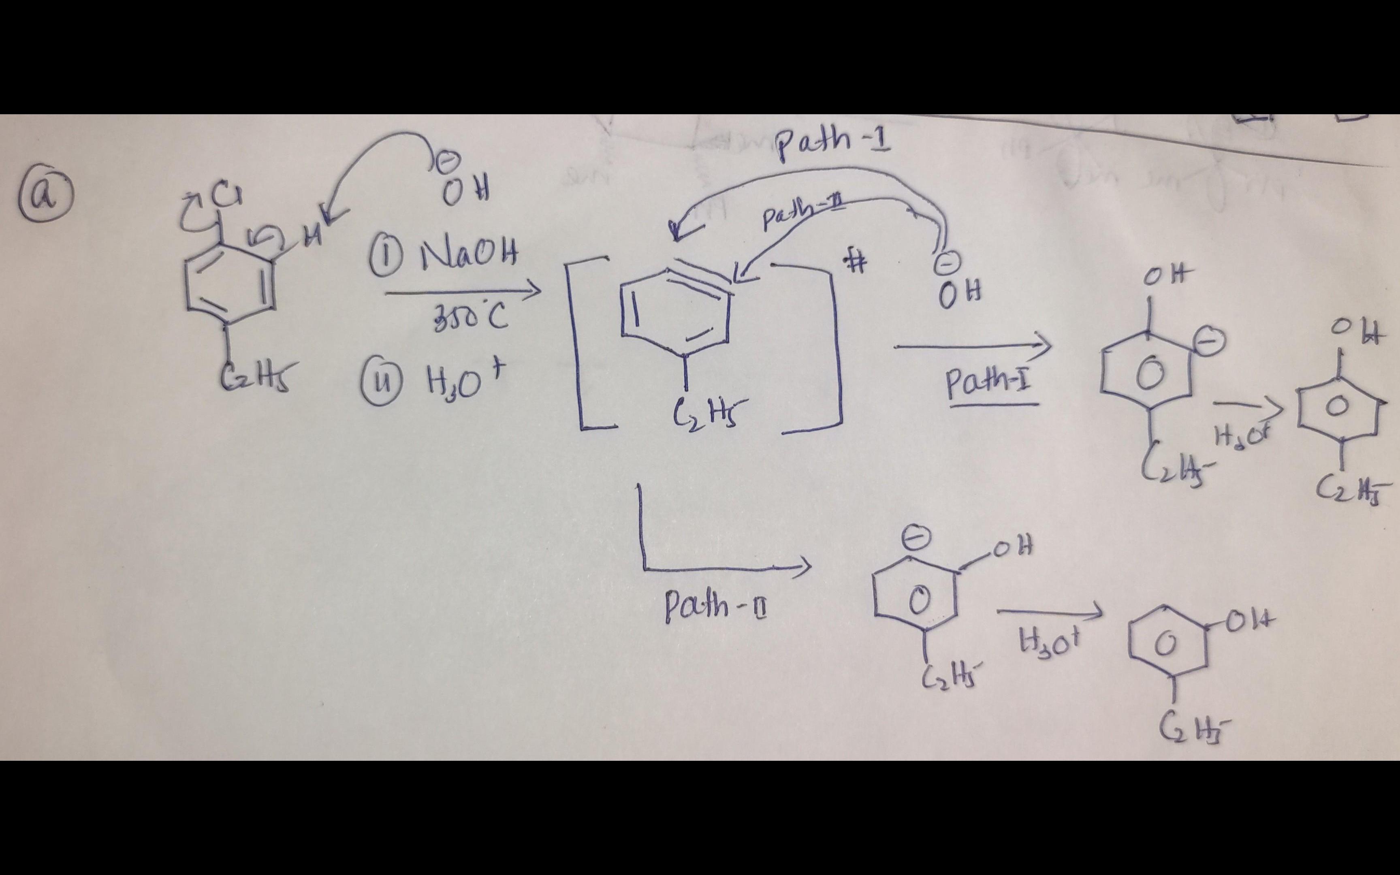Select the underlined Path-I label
990,385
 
